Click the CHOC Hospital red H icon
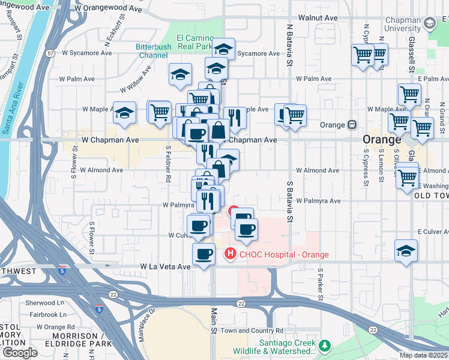click(x=229, y=254)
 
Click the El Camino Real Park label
click(x=194, y=42)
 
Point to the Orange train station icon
click(x=352, y=125)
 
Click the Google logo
click(x=19, y=352)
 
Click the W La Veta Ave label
click(x=165, y=266)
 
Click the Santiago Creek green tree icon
click(x=325, y=346)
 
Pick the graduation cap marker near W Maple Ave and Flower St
click(x=124, y=113)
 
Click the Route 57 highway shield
click(x=50, y=53)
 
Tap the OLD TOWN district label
click(x=431, y=196)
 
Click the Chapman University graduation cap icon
click(x=429, y=23)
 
